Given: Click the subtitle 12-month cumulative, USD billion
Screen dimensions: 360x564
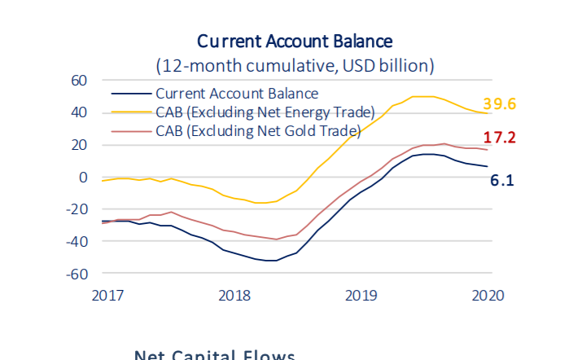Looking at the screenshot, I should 295,65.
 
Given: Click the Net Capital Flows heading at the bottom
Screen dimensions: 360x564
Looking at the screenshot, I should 213,354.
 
